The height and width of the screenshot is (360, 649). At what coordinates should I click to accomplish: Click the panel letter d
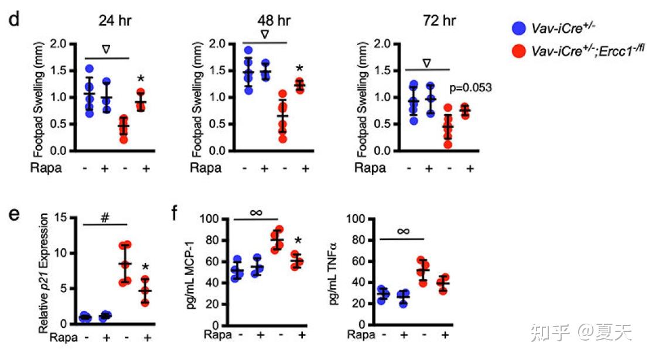[14, 19]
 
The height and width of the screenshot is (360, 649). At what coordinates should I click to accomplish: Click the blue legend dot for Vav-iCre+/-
[518, 27]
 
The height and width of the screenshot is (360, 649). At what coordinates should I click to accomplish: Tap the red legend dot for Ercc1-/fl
[518, 52]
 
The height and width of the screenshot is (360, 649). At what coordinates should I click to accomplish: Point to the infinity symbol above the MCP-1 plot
[256, 212]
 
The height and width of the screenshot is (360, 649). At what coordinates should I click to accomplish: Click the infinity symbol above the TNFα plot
[403, 231]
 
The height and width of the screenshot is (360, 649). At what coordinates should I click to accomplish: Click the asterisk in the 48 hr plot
[299, 68]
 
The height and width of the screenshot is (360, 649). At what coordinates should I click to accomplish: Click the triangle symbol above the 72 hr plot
[426, 63]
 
